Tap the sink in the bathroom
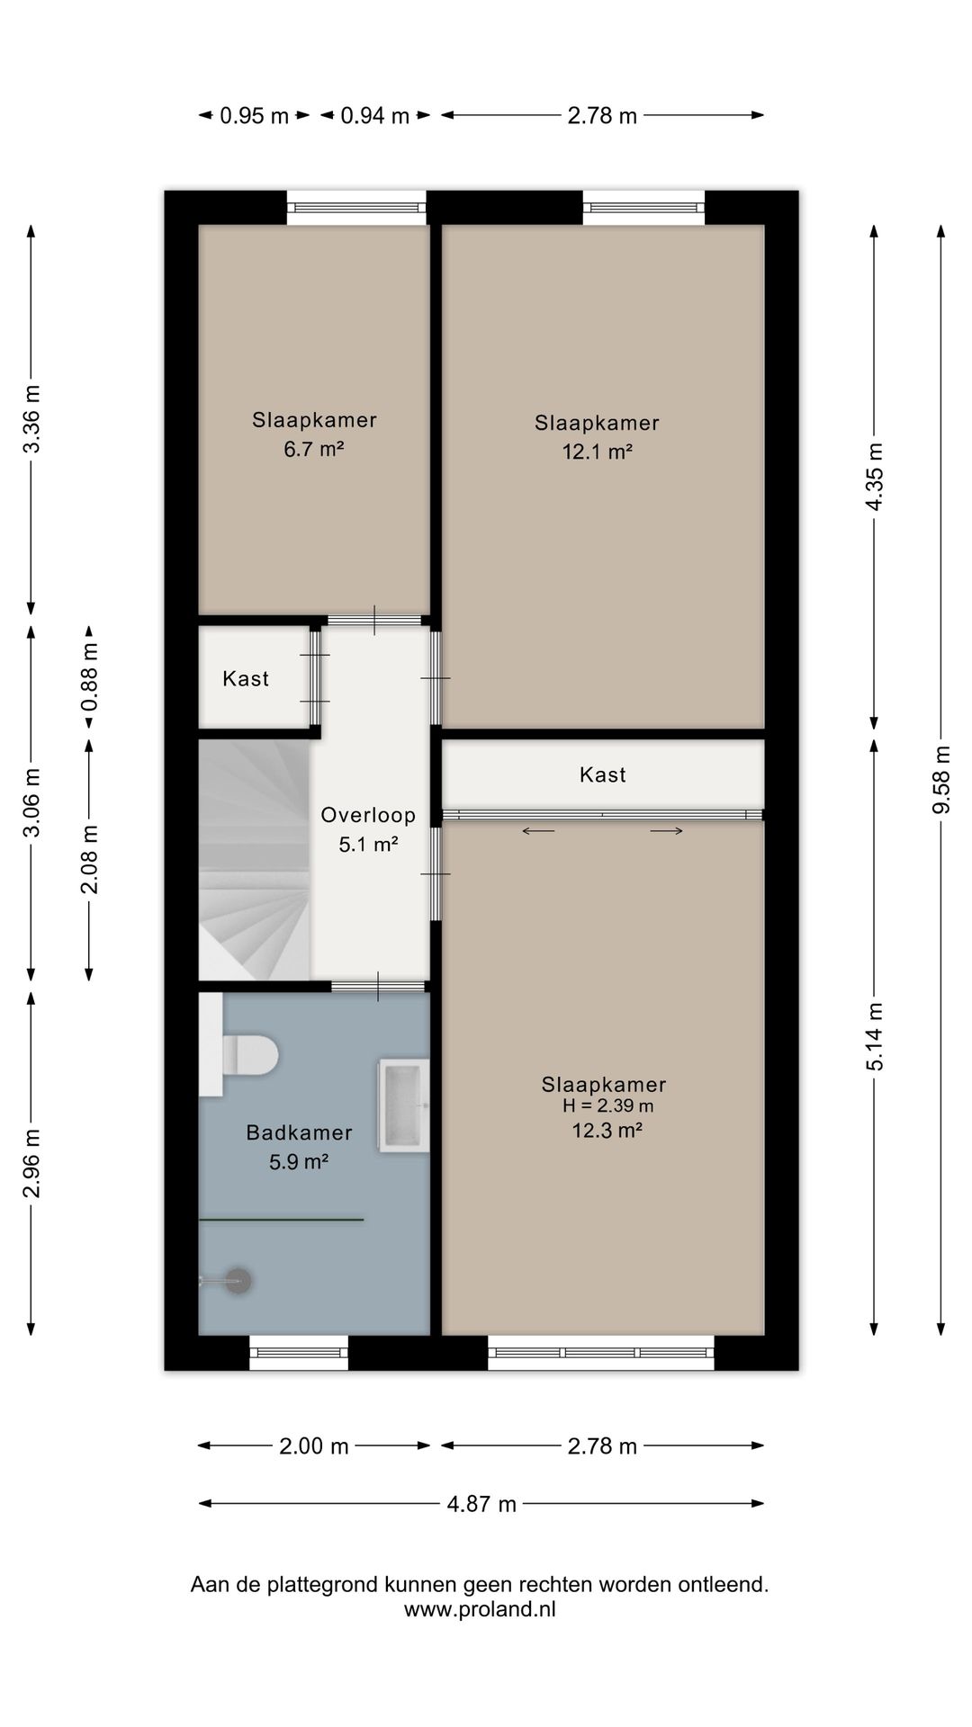point(404,1105)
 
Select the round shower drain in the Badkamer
point(238,1281)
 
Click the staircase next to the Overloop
point(255,859)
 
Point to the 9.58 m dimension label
point(941,780)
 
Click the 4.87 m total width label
point(481,1504)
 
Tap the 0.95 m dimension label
point(255,116)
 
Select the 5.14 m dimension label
point(875,1036)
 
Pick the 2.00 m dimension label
point(313,1446)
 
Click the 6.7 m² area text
point(314,449)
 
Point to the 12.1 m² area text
point(598,452)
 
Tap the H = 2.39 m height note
point(607,1106)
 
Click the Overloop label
point(368,816)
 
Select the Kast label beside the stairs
point(246,679)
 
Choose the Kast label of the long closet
point(603,774)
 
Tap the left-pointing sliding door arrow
point(538,831)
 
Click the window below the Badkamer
point(299,1352)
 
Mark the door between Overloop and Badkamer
point(378,987)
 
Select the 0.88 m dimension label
point(89,676)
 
